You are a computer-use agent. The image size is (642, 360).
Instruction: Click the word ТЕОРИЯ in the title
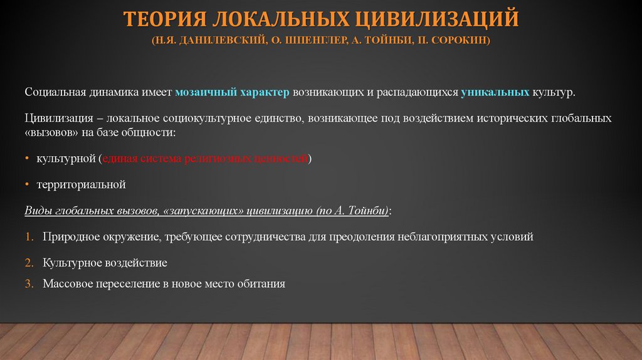(x=162, y=19)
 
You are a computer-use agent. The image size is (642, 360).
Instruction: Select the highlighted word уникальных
(x=495, y=92)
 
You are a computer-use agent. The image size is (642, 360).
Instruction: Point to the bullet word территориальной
(x=82, y=185)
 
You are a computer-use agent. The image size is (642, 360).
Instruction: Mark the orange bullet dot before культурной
(x=28, y=159)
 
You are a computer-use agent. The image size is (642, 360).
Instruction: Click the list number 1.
(x=29, y=238)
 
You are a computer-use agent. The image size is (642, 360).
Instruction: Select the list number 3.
(x=29, y=283)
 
